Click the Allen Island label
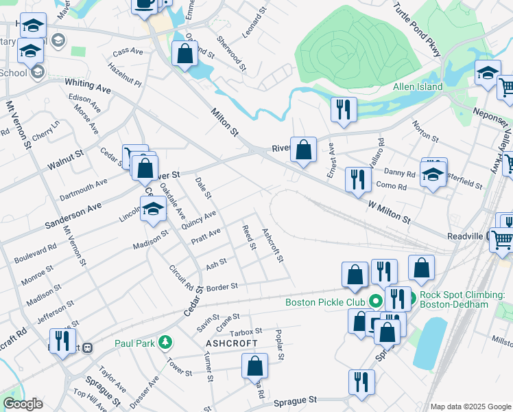click(418, 87)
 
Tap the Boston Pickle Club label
click(324, 301)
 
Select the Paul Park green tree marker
click(165, 341)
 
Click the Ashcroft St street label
click(273, 245)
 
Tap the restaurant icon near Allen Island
click(342, 108)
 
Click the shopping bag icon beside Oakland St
click(185, 54)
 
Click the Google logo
click(23, 404)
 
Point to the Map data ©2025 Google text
click(470, 407)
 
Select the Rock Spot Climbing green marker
click(405, 299)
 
